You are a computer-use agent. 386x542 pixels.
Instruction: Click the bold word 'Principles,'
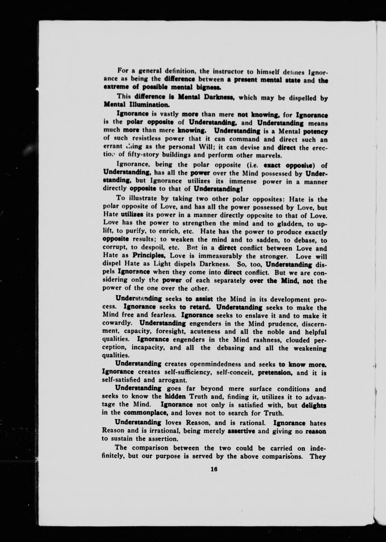[150, 256]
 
